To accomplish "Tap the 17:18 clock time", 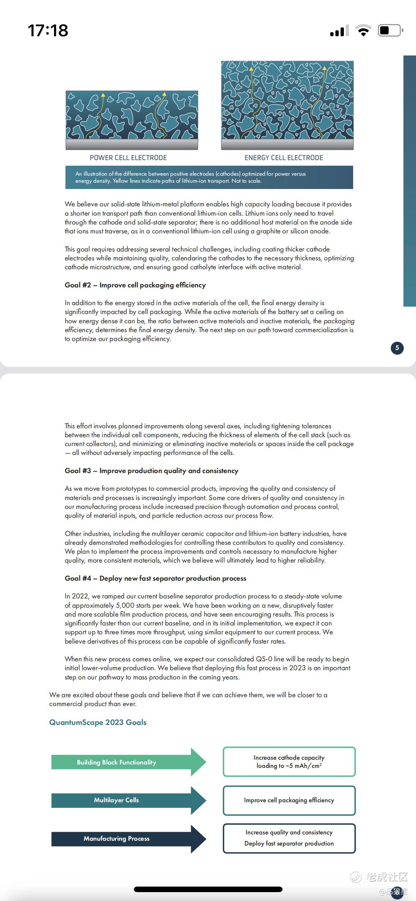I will tap(48, 30).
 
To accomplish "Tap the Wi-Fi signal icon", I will tap(363, 30).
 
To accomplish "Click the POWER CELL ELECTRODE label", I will tap(128, 158).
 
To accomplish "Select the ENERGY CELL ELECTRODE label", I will tap(284, 158).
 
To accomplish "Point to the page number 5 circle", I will tap(397, 348).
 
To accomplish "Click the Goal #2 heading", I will tap(135, 285).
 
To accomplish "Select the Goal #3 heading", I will tap(151, 471).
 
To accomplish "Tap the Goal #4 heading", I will tap(155, 578).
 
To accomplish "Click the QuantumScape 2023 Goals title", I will tap(98, 722).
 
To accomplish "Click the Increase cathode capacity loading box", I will tap(289, 762).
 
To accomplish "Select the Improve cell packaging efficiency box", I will tap(289, 800).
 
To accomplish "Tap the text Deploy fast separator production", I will tap(289, 843).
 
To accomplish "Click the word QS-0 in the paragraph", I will tap(264, 659).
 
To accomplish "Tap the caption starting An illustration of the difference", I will tap(190, 177).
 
